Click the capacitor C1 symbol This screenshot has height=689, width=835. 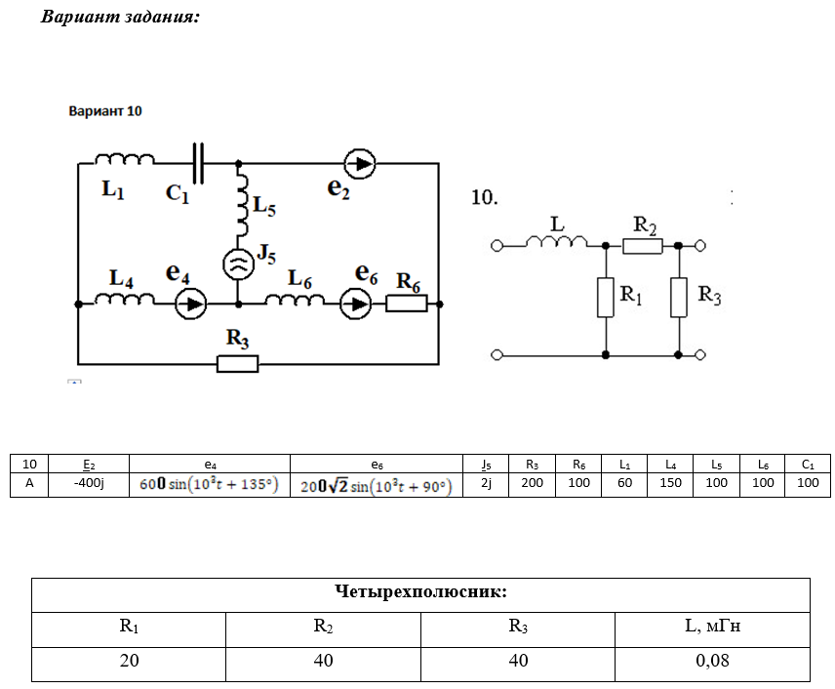200,164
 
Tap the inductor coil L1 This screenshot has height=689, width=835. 125,160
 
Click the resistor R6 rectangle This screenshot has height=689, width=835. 406,304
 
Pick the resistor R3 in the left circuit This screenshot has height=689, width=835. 237,364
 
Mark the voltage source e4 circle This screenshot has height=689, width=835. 191,304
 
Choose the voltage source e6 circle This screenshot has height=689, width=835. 355,304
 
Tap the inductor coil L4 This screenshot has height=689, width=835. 124,300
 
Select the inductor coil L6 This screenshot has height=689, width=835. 294,300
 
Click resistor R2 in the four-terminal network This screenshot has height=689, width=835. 643,246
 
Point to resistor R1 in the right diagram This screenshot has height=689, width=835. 606,298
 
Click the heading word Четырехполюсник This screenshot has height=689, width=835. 420,592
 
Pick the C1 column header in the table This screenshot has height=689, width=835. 808,464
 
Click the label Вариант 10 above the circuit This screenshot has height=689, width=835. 105,111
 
